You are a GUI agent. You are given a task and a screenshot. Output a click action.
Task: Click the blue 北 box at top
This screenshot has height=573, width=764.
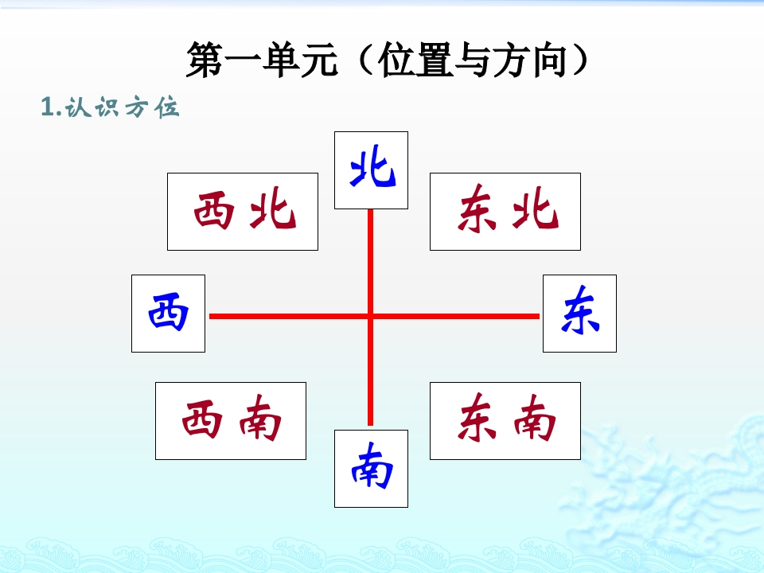371,170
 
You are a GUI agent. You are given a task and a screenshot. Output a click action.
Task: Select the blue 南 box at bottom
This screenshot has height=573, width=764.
371,469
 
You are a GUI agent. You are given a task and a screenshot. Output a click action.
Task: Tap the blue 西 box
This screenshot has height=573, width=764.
168,314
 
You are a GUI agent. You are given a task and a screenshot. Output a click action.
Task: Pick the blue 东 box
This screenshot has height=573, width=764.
579,314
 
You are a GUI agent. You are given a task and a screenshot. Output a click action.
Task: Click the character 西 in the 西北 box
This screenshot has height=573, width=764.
213,210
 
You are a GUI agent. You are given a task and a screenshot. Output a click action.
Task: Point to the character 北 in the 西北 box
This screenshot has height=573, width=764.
273,209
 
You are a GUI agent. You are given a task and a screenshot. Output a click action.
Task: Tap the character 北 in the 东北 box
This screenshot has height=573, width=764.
535,209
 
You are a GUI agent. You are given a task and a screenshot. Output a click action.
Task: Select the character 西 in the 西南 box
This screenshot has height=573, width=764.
202,419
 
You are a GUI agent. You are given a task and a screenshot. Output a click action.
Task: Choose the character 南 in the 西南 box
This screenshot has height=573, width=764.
261,418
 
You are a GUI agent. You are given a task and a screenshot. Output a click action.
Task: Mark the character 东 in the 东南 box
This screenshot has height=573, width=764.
477,418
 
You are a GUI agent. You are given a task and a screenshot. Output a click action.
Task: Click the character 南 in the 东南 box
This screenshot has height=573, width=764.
535,418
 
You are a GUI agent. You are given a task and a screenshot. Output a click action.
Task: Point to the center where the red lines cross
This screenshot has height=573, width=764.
370,316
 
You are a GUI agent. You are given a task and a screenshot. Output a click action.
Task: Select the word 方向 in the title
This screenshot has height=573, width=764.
528,60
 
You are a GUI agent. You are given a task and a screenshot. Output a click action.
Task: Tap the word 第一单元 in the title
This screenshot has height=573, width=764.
262,60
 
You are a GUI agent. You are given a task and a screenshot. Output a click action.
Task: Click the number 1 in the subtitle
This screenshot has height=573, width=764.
48,107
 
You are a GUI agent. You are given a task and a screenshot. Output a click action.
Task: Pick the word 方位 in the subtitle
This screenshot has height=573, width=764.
153,107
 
